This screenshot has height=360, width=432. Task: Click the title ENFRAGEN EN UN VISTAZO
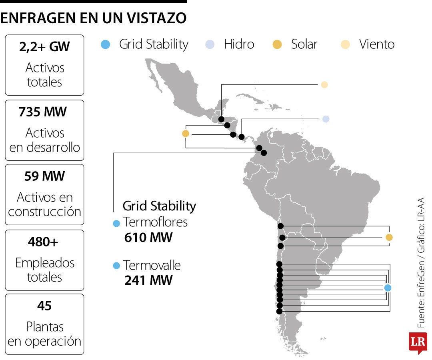94,18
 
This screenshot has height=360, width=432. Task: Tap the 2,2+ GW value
44,47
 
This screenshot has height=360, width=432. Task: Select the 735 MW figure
43,112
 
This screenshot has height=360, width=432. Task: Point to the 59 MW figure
44,176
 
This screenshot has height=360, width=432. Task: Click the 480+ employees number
44,242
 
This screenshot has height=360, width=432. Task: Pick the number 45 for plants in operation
44,306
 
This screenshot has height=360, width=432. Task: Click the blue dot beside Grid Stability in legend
106,44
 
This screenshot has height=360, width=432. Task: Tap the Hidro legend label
239,44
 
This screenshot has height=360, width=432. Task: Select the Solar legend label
304,44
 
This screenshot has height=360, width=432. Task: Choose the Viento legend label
376,44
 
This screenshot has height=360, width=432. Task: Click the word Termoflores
155,222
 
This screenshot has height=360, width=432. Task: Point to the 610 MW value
148,238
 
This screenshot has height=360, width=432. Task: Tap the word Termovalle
152,265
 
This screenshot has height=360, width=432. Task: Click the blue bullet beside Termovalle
116,266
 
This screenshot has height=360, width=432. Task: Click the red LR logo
418,342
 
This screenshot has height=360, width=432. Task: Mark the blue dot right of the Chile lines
387,288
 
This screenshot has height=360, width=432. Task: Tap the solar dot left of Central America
185,134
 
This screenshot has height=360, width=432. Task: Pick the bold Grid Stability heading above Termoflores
159,206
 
